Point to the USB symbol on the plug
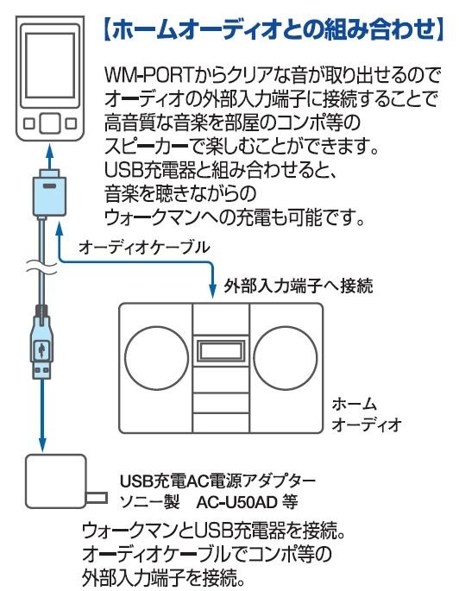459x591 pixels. (x=41, y=349)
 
